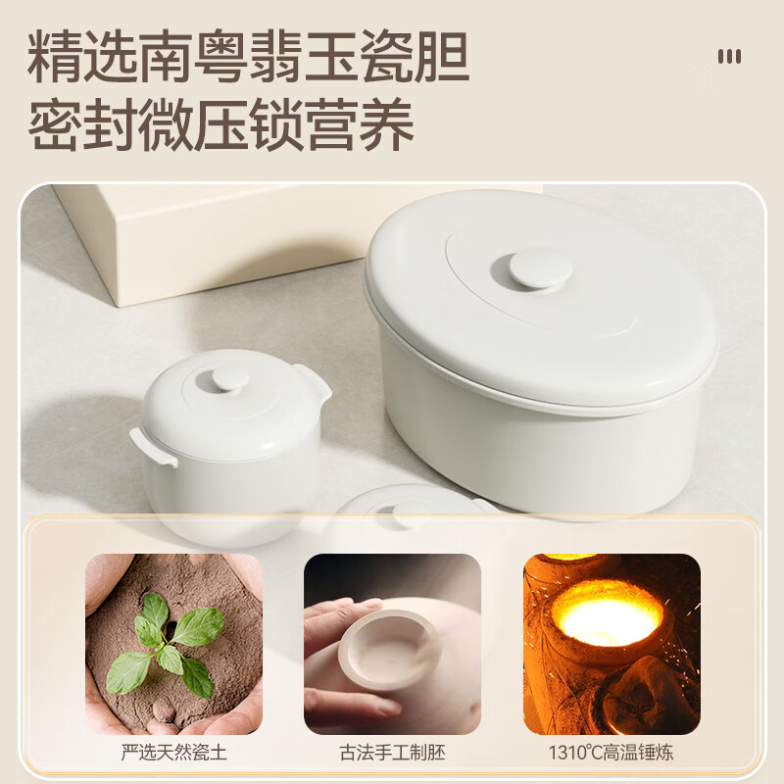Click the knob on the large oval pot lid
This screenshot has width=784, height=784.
(x=540, y=268)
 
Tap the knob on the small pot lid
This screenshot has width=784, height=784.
(x=229, y=378)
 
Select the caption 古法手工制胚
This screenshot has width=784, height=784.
(x=392, y=754)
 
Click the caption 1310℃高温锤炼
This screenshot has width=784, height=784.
(x=612, y=754)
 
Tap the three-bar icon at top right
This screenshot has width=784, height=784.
(x=729, y=57)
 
